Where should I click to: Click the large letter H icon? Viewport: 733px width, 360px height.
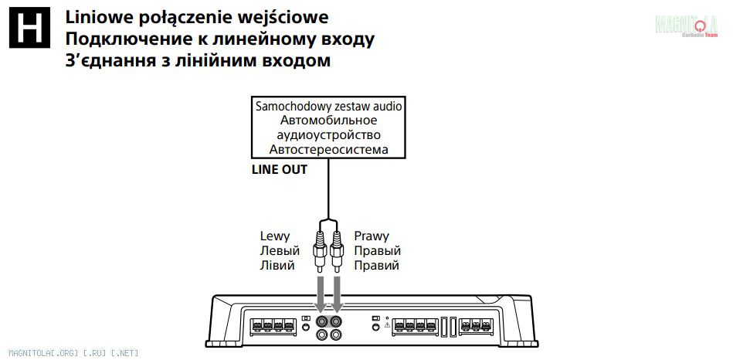(29, 28)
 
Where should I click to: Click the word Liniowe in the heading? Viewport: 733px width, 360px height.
(97, 17)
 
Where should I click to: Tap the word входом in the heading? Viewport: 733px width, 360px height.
(295, 61)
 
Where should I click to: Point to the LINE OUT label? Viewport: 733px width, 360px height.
(280, 169)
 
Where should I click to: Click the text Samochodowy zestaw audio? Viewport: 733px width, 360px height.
(328, 106)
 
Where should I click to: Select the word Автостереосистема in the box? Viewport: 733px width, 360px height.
(328, 150)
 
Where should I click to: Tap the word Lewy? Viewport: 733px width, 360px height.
(275, 236)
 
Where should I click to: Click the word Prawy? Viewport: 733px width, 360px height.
(372, 236)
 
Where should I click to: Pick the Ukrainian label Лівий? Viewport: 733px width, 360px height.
(277, 266)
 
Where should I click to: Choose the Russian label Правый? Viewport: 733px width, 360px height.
(377, 251)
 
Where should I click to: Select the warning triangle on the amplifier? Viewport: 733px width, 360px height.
(387, 324)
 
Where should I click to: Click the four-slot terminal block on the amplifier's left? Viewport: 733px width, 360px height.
(273, 325)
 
